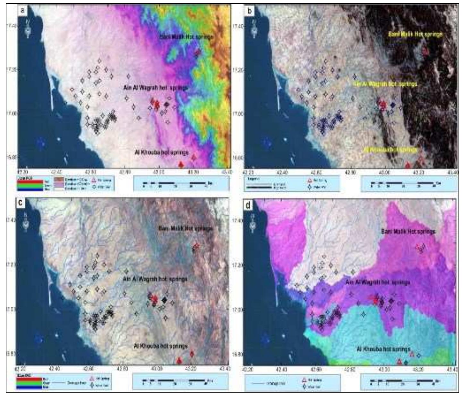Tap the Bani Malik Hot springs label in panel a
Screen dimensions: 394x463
186,37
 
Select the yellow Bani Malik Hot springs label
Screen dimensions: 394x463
415,34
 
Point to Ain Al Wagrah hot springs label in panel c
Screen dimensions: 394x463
155,279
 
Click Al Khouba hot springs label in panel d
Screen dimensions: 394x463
383,349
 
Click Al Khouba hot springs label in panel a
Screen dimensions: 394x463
161,152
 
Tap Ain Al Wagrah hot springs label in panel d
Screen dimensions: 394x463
377,283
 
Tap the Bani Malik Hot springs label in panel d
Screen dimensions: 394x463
408,232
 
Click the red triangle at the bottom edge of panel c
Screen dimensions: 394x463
180,361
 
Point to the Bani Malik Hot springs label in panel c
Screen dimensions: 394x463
185,229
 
